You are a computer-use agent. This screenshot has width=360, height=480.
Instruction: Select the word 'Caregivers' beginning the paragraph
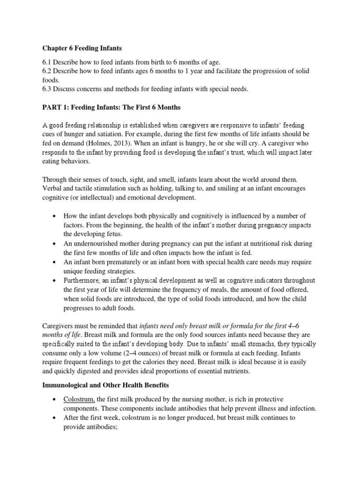pyautogui.click(x=60, y=326)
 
